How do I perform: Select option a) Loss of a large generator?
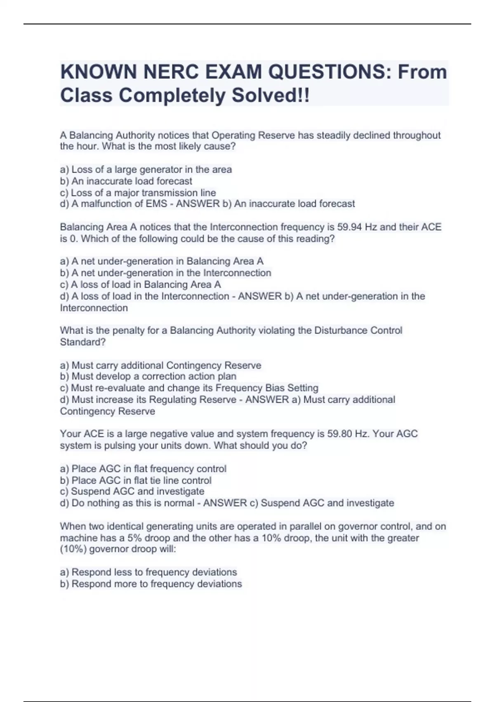pos(146,170)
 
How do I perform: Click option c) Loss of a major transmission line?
pos(138,193)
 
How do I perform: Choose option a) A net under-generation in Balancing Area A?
pos(161,261)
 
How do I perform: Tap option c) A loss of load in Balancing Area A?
pos(140,285)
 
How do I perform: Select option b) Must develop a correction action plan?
pos(148,377)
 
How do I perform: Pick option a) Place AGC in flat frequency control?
pos(143,469)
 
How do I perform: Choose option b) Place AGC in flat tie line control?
pos(136,481)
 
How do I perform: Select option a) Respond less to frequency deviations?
pos(148,572)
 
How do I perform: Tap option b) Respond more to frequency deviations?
pos(151,584)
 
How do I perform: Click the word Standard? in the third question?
pos(83,342)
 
